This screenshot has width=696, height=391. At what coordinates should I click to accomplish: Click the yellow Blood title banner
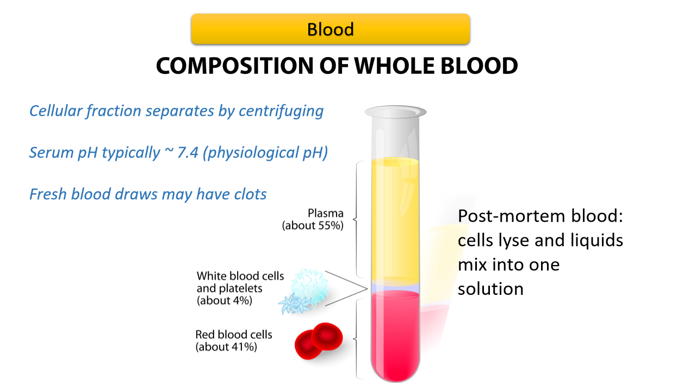tap(330, 29)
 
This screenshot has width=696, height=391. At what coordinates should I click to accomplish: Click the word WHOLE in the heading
tap(394, 66)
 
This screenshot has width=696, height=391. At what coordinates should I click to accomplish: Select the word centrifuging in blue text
tap(281, 111)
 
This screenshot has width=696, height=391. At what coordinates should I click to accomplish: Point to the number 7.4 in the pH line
tap(188, 153)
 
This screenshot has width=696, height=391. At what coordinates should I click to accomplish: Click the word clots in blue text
tap(250, 194)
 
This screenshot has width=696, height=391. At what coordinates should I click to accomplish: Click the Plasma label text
tap(325, 213)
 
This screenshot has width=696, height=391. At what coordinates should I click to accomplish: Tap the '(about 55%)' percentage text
tap(313, 225)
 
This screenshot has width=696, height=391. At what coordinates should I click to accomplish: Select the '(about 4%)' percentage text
tap(225, 300)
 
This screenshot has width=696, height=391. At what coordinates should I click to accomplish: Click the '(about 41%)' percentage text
tap(226, 346)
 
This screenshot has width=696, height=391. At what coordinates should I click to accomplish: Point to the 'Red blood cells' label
tap(234, 335)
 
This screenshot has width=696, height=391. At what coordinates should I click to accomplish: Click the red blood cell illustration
tap(319, 340)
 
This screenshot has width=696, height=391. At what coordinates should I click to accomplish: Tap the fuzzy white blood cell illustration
tap(310, 285)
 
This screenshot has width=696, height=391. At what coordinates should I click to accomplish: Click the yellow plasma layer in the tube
tap(395, 220)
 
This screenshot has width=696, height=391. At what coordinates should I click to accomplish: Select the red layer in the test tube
tap(395, 335)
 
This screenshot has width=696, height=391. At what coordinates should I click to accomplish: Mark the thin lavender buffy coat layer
tap(395, 287)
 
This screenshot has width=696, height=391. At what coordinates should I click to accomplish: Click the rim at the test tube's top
tap(395, 112)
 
